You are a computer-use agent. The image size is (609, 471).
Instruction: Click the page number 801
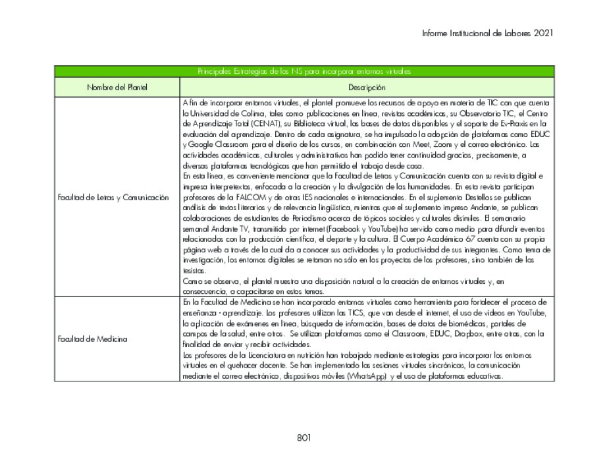tap(304, 437)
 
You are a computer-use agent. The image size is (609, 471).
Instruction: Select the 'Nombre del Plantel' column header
tap(117, 87)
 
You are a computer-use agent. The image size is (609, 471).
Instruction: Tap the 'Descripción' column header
tap(367, 87)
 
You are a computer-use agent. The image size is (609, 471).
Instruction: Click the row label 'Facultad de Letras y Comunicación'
tap(113, 196)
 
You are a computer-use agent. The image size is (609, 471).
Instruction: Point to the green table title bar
tap(304, 71)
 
